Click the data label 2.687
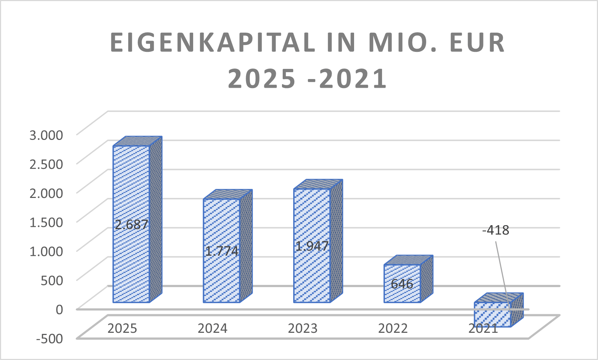click(131, 224)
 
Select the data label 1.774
click(221, 251)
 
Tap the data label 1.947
click(312, 246)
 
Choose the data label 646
click(402, 284)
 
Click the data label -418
click(496, 230)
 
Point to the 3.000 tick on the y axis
click(46, 135)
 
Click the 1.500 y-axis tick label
click(46, 223)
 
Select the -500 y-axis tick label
click(50, 339)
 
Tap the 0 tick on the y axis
click(59, 310)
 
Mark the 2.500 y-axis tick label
click(46, 164)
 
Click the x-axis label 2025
click(122, 328)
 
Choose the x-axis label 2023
click(303, 328)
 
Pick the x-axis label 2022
click(393, 328)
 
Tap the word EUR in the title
click(477, 42)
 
